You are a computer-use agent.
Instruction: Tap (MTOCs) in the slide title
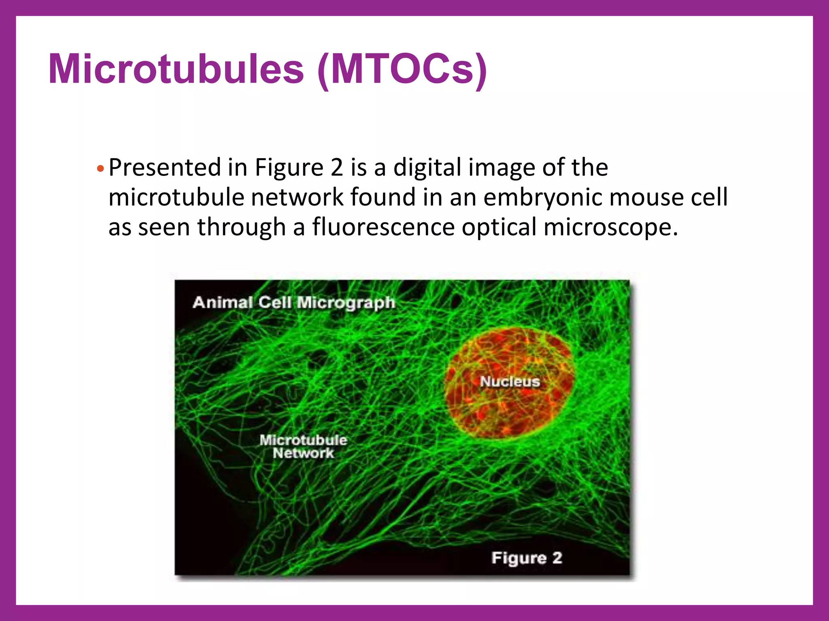pos(402,70)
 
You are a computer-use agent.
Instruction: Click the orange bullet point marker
pos(101,168)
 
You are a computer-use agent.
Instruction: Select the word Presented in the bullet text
pos(165,168)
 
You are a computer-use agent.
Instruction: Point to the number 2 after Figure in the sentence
pos(336,167)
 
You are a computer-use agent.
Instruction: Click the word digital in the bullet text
pos(427,168)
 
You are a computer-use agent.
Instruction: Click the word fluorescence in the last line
pos(383,227)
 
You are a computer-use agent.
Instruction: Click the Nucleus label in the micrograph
pos(510,381)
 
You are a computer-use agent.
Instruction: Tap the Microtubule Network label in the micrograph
pos(303,446)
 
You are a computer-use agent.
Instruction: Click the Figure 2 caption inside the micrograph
pos(527,558)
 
